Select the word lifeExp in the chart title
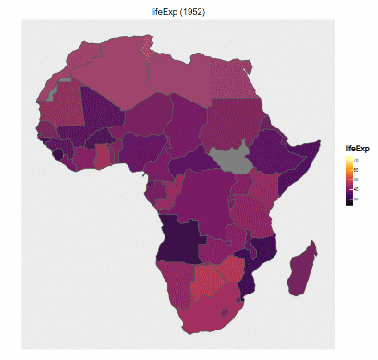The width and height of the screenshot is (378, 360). click(176, 8)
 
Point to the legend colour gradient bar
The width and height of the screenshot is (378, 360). click(348, 180)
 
